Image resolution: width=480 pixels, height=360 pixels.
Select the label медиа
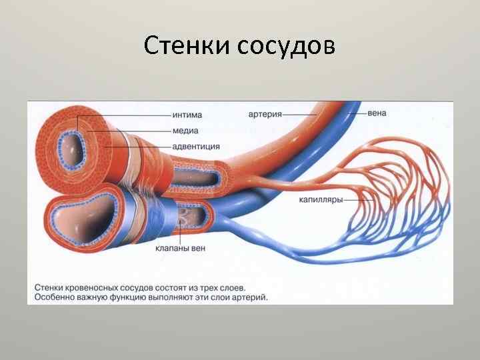point(183,131)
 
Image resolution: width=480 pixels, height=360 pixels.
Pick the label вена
point(376,113)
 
